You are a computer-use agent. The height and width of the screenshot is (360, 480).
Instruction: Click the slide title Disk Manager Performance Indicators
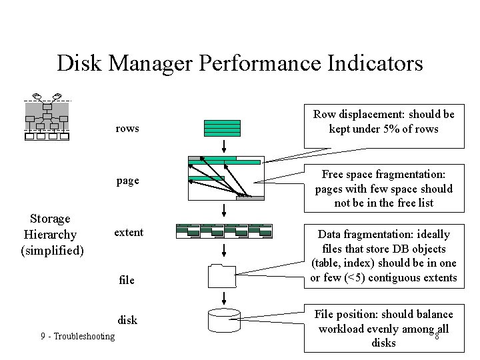click(x=240, y=63)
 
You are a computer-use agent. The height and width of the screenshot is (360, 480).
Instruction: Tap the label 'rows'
click(x=127, y=128)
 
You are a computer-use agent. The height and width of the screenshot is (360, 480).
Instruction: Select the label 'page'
click(x=127, y=181)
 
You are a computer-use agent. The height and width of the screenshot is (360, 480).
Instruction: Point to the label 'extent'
click(x=129, y=232)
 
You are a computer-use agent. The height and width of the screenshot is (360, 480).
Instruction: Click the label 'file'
click(x=127, y=280)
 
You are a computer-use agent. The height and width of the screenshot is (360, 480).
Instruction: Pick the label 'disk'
click(x=127, y=320)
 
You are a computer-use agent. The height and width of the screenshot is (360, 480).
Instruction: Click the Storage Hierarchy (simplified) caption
click(x=53, y=235)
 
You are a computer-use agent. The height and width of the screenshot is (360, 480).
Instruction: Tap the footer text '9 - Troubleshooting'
click(x=77, y=337)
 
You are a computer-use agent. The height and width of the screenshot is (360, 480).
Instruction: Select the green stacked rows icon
click(x=223, y=127)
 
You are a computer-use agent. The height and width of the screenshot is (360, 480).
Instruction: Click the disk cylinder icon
click(x=224, y=320)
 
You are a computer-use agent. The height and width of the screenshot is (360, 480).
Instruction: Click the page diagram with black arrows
click(x=225, y=178)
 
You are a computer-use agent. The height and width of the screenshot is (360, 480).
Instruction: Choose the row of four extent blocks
click(x=224, y=231)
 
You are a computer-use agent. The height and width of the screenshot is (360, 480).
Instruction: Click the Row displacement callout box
click(x=383, y=121)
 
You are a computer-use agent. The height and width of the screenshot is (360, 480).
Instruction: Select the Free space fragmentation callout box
click(x=383, y=189)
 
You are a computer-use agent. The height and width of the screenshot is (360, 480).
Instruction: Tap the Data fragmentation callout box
click(x=383, y=256)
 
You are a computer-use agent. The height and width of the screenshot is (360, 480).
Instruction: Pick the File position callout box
click(x=383, y=328)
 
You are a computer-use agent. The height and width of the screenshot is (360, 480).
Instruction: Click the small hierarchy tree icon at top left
click(x=47, y=117)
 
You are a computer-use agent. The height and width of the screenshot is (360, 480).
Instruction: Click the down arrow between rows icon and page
click(x=225, y=145)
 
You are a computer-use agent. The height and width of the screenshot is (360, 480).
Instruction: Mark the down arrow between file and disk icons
click(x=225, y=297)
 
